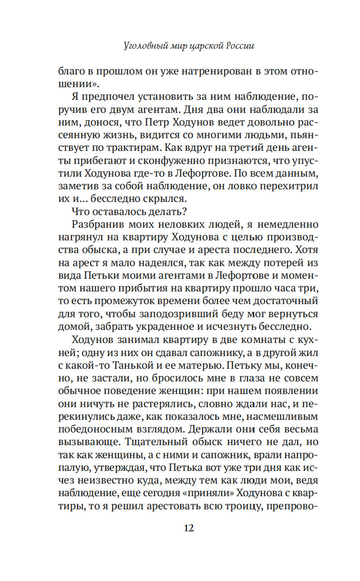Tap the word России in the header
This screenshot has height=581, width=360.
[240, 46]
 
